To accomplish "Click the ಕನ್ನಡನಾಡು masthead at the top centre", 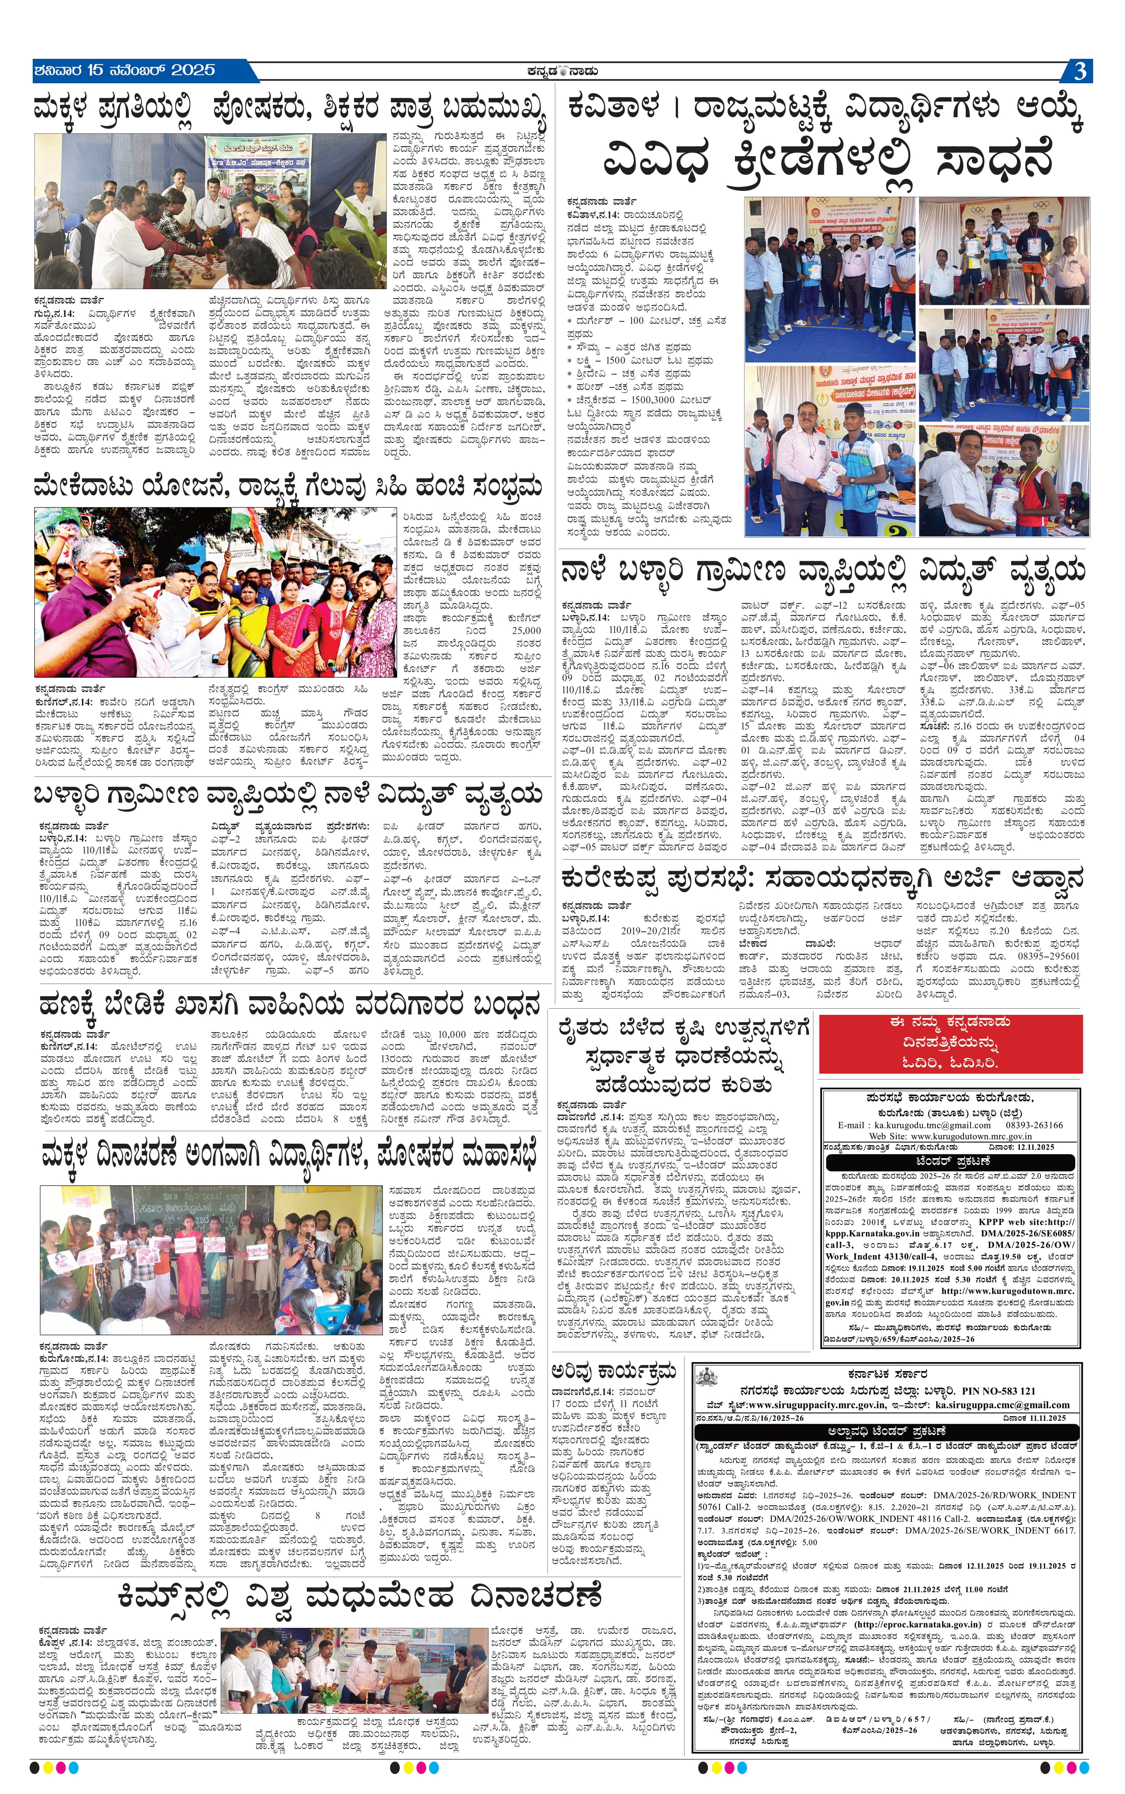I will pyautogui.click(x=562, y=72).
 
